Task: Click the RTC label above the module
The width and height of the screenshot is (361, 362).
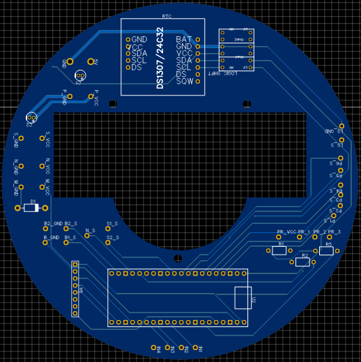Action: coord(167,15)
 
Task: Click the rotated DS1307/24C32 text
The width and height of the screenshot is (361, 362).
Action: coord(160,59)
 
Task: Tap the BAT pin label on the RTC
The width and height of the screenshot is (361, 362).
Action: coord(184,40)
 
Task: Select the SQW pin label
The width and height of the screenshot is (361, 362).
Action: coord(184,82)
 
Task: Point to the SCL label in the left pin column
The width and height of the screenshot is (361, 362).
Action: coord(139,61)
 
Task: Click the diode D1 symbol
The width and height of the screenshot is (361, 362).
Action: coord(30,208)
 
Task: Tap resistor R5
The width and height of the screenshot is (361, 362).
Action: coord(326,251)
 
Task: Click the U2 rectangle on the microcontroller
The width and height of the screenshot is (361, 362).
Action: coord(243,297)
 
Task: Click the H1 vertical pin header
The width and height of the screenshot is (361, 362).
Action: coord(75,289)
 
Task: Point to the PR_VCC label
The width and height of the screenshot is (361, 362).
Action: coord(286,232)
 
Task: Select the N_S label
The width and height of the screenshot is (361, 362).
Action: coord(90,230)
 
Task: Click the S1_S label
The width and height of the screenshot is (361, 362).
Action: coord(112,224)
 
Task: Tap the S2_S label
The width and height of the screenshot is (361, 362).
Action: coord(112,239)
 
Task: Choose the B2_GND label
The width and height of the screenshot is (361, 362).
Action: coord(53,224)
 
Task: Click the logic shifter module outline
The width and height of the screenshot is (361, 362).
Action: coord(236,49)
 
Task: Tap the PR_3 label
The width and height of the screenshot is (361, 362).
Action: coord(335,232)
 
